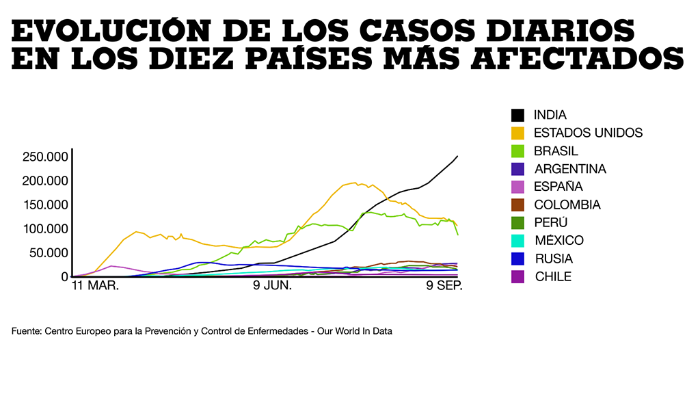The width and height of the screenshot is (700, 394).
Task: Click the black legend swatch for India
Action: [517, 115]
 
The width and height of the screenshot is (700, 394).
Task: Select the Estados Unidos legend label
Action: [588, 133]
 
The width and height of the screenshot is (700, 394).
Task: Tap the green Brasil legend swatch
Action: [517, 150]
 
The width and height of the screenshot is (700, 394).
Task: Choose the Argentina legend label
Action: [569, 169]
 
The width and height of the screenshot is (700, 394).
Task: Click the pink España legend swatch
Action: [517, 187]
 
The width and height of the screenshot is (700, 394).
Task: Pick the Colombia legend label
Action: [567, 205]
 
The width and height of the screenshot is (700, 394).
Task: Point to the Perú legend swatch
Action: [517, 222]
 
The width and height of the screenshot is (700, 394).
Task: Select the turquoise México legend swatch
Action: [517, 240]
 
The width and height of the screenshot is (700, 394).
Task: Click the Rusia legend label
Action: [553, 259]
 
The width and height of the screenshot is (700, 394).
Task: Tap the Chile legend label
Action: [552, 276]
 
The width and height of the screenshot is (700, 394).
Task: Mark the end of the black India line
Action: [457, 156]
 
